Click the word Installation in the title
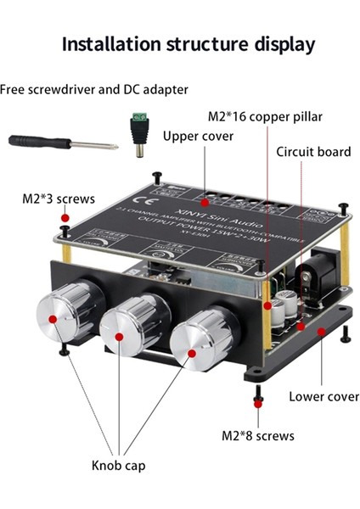coord(109,43)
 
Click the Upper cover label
coord(197,135)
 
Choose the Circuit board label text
coord(313,152)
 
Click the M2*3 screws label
coord(59,200)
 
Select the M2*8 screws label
coord(257,435)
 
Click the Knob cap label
coord(120,465)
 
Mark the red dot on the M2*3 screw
coord(65,218)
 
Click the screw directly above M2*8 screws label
coord(257,400)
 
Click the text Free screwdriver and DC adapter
coord(94,89)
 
